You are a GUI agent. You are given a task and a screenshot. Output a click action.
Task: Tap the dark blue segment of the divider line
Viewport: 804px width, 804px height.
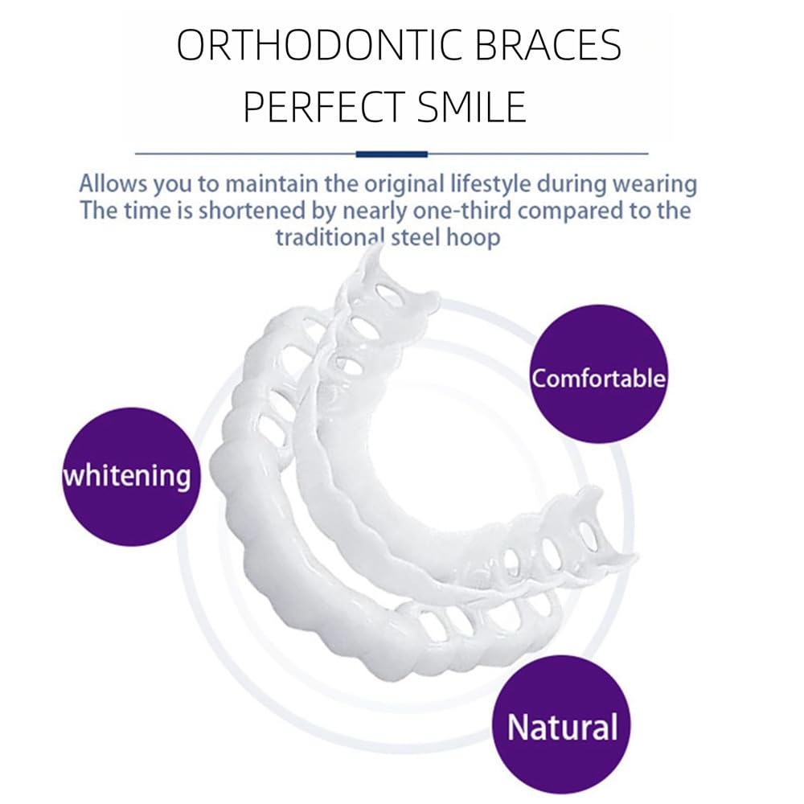(x=392, y=153)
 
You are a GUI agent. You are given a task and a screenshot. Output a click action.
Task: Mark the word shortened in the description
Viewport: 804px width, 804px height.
(x=243, y=211)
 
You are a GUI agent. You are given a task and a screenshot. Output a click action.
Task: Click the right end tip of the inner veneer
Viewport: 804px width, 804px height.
(x=631, y=558)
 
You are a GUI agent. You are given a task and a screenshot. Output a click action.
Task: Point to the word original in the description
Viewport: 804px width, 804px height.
(x=390, y=183)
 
